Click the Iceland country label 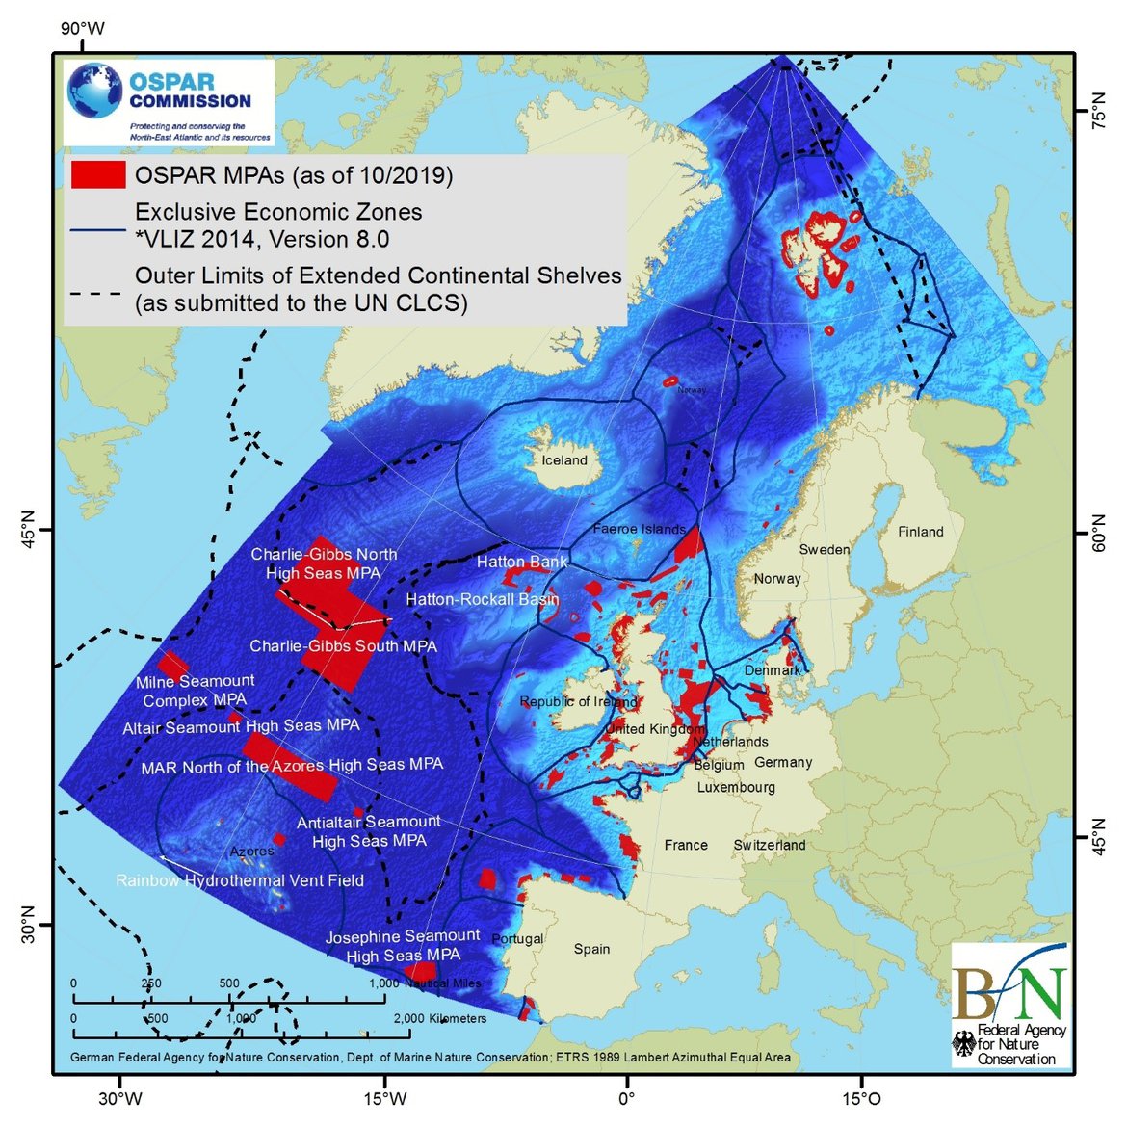click(x=563, y=460)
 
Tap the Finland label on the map click(x=920, y=532)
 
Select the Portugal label click(x=517, y=939)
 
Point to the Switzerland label click(x=770, y=845)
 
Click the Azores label click(x=252, y=852)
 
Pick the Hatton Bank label click(x=522, y=562)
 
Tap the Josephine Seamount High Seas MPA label click(x=403, y=945)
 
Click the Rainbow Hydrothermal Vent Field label click(x=240, y=880)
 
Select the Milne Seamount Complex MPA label click(x=196, y=691)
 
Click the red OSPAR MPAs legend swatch click(x=97, y=174)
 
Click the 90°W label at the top click(x=82, y=28)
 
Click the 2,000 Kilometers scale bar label click(x=440, y=1018)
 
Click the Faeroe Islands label click(x=639, y=529)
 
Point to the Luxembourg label click(x=736, y=787)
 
